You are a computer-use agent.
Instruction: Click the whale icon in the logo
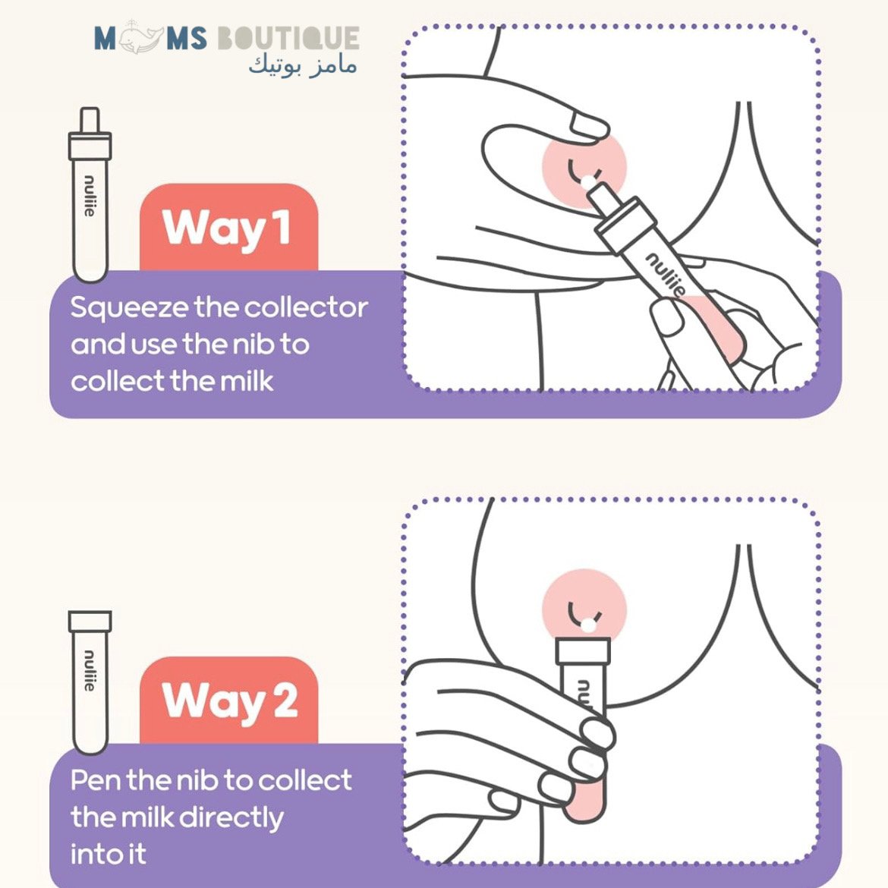click(x=140, y=38)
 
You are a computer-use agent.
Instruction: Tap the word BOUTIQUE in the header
click(x=288, y=39)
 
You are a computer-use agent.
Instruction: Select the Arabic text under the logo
click(x=303, y=65)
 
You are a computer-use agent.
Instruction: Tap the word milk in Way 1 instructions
click(x=247, y=380)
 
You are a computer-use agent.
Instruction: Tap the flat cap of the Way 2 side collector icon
click(x=90, y=622)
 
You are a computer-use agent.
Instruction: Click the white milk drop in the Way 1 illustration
click(x=589, y=182)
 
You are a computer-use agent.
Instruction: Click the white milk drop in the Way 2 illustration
click(x=589, y=625)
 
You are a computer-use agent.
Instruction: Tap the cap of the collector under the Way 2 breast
click(x=583, y=650)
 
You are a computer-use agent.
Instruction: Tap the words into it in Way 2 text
click(x=109, y=854)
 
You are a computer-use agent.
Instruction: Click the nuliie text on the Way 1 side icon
click(x=90, y=196)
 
